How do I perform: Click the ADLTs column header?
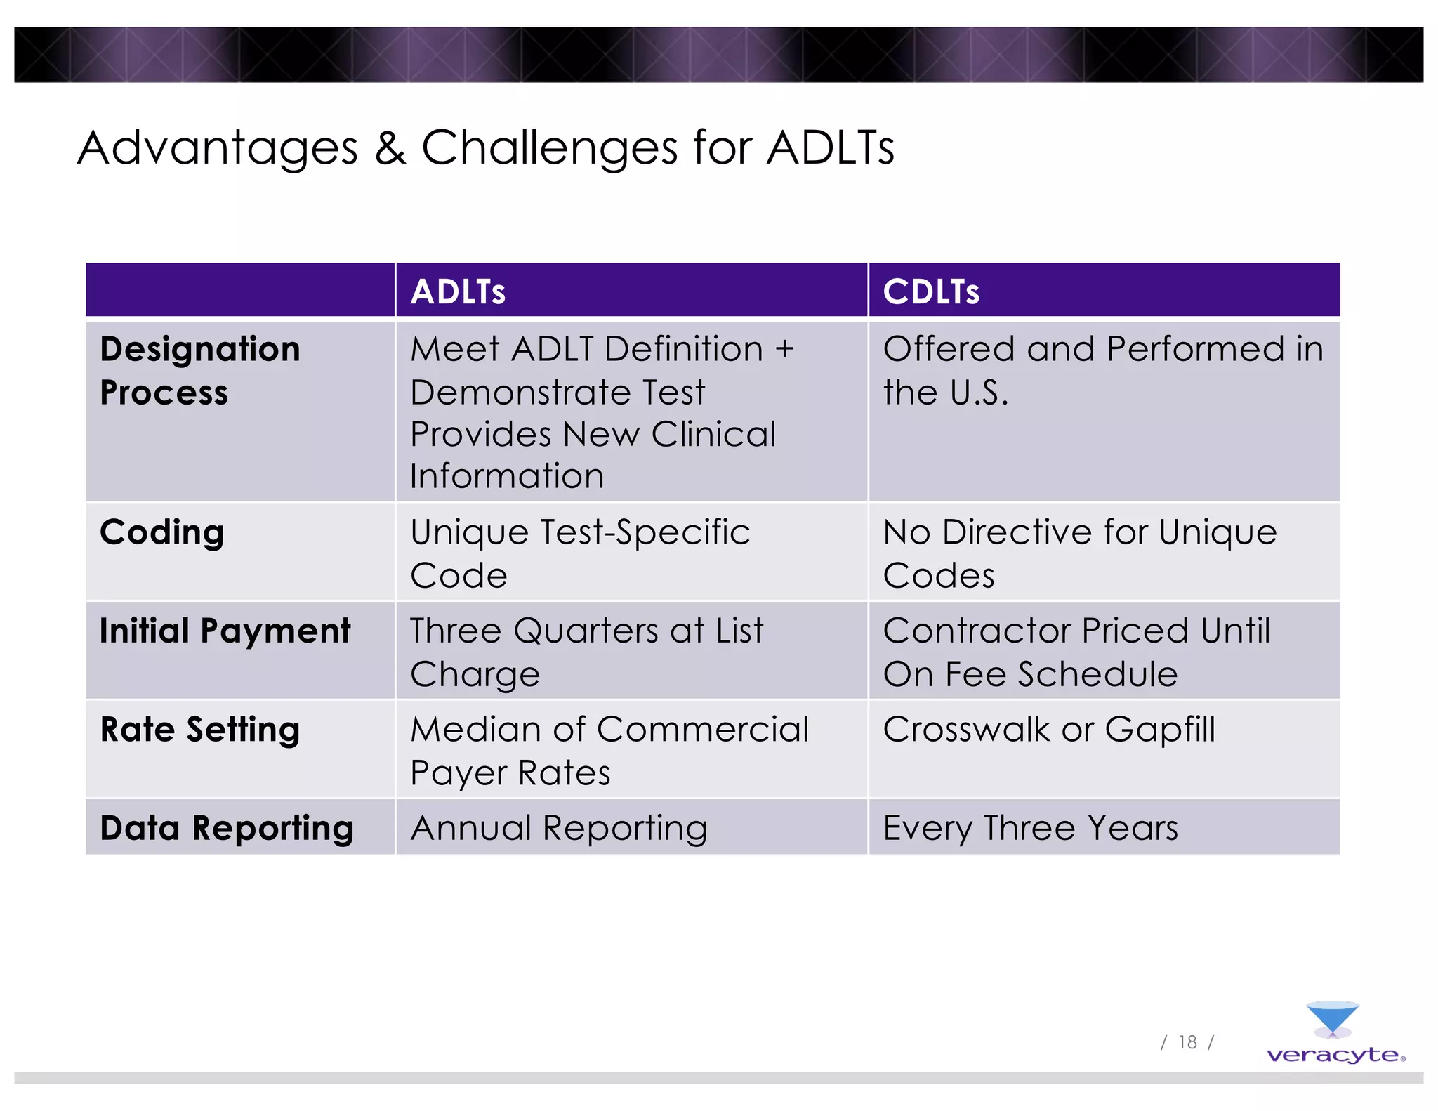(458, 291)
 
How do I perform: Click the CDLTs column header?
(930, 291)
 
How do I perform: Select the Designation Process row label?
(199, 370)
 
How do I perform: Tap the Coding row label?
(162, 532)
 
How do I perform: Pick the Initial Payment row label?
(225, 631)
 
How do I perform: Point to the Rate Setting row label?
(200, 729)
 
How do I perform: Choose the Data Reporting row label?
(226, 828)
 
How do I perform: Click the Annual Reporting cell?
(559, 828)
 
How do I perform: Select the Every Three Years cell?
(1030, 828)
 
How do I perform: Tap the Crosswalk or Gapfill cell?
(1049, 730)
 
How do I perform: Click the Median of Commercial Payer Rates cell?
(609, 750)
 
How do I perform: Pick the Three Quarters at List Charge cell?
(586, 652)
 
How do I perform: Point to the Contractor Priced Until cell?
(1076, 652)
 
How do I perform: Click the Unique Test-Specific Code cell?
(580, 553)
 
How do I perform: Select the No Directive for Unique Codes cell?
(1079, 553)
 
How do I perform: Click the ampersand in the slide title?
(390, 148)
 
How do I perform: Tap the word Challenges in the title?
(550, 148)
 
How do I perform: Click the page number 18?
(1187, 1042)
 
